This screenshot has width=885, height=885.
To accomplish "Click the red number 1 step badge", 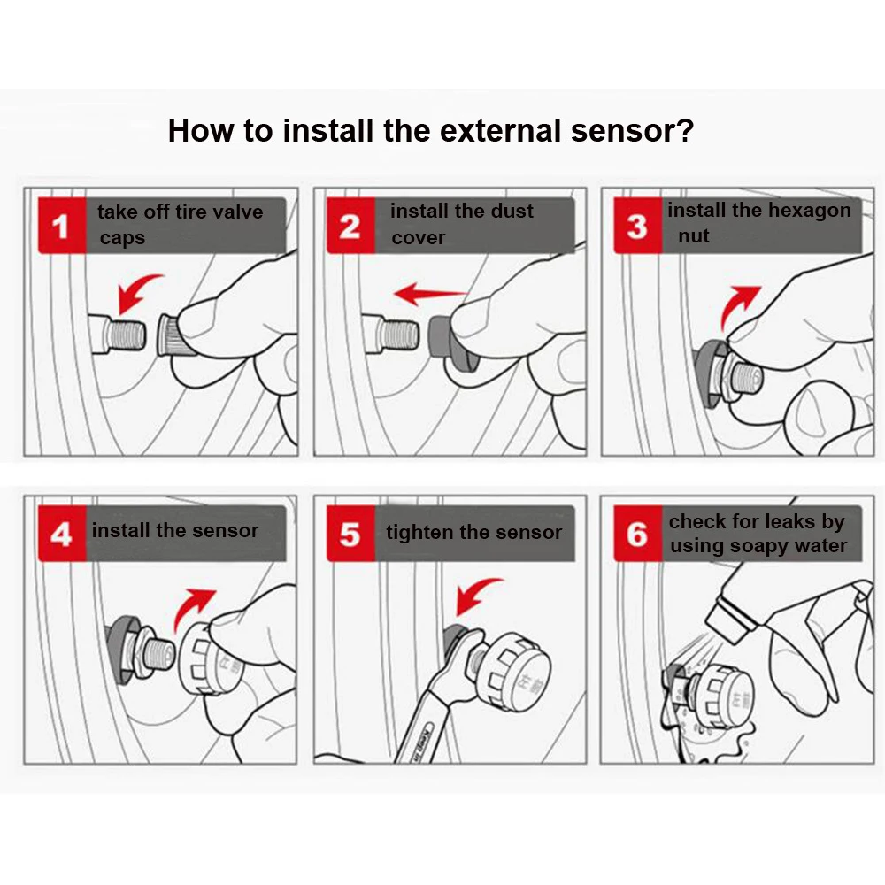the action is (x=62, y=225).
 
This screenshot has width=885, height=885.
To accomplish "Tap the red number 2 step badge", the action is (x=350, y=225).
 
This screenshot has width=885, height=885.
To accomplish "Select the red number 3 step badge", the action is (x=638, y=225).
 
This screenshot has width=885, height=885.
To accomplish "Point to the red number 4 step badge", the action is (x=62, y=534).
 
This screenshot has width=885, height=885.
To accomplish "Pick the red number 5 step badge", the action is (x=350, y=534).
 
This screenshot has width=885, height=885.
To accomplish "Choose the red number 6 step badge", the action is (x=638, y=534).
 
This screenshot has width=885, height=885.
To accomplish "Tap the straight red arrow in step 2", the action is (x=429, y=294).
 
